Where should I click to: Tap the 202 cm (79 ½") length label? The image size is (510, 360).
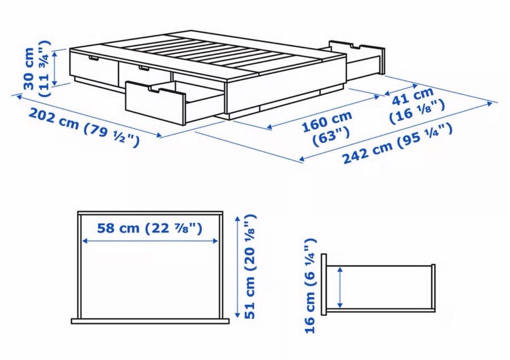click(x=84, y=127)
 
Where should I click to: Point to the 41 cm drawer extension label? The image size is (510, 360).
click(x=413, y=96)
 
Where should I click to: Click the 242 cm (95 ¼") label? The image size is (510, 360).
click(x=397, y=143)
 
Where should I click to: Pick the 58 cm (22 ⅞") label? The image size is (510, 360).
click(x=150, y=228)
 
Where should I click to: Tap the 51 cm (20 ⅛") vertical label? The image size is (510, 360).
click(x=250, y=266)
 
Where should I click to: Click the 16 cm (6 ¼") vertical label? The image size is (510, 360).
click(x=310, y=286)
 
